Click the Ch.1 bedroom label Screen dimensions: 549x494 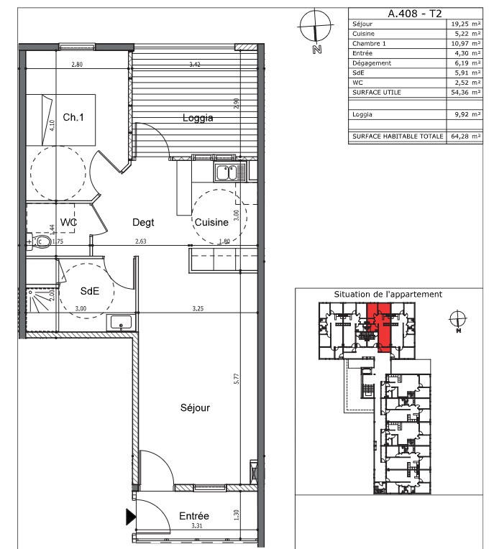(73, 117)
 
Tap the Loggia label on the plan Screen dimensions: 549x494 (198, 118)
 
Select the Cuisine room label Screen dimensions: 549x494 (211, 223)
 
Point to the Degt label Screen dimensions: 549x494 (142, 223)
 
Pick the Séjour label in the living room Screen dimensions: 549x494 (195, 407)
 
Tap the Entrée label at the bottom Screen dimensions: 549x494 (193, 516)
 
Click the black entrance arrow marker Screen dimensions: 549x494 (130, 516)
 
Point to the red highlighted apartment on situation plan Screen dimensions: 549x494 (383, 327)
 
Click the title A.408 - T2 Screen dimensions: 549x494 (414, 13)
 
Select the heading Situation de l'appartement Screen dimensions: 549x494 (388, 294)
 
